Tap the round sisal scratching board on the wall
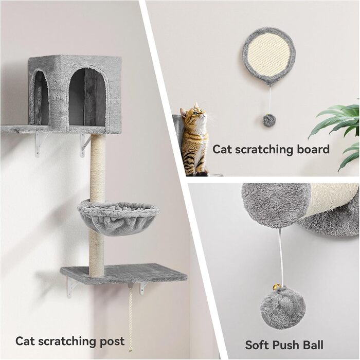[268, 56]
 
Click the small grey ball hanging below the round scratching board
[268, 120]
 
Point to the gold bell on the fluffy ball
[276, 287]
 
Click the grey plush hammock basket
[118, 217]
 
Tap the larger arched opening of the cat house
[87, 97]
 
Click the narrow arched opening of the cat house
[41, 98]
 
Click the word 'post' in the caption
[112, 341]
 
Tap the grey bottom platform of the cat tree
[124, 274]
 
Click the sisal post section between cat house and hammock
[98, 168]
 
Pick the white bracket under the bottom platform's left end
[71, 287]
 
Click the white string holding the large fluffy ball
[281, 257]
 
